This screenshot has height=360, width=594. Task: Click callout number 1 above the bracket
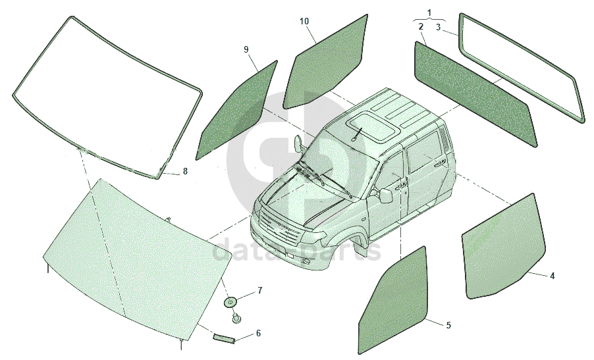[429, 13]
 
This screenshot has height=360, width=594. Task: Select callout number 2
[421, 26]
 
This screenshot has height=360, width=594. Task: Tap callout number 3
[438, 27]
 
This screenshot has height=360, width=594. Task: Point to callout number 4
[553, 276]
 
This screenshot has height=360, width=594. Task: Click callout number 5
[448, 325]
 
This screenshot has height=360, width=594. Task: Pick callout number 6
[258, 333]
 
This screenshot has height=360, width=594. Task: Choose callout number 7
[260, 290]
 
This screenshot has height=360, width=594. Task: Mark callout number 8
[185, 171]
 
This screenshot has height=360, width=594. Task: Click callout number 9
[246, 49]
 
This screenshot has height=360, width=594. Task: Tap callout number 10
[304, 21]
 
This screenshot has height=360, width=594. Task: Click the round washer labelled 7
[230, 301]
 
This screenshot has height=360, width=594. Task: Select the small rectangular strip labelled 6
[225, 338]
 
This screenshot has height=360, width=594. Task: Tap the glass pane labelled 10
[326, 63]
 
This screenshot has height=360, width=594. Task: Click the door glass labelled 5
[394, 299]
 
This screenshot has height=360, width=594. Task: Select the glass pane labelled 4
[504, 246]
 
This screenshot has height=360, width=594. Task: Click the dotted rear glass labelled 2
[476, 93]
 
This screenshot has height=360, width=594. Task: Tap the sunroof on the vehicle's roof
[373, 127]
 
